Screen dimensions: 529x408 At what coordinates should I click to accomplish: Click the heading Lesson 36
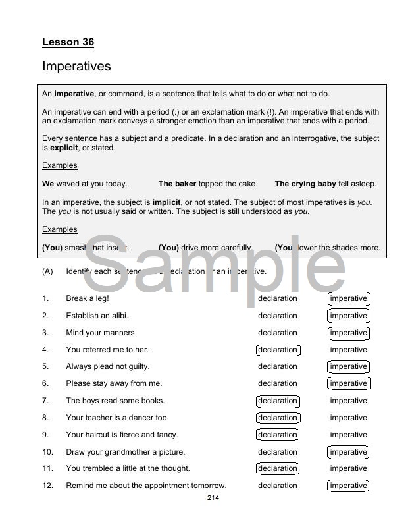68,42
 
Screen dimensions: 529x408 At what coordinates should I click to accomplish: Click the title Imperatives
76,67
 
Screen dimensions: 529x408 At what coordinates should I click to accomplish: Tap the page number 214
213,497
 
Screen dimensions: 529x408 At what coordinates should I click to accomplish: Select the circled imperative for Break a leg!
348,298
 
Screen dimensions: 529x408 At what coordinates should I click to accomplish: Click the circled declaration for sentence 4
277,350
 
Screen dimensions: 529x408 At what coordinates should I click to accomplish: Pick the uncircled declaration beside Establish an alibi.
277,316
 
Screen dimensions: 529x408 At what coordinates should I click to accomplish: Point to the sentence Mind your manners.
101,333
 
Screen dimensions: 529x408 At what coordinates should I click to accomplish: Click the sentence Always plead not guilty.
107,366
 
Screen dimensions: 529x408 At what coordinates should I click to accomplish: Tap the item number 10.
47,452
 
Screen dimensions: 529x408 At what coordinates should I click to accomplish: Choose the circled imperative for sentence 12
348,486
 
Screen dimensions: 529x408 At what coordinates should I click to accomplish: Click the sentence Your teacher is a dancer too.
117,418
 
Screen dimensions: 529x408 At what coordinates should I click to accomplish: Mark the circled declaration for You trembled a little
277,469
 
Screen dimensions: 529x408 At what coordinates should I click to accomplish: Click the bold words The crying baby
305,184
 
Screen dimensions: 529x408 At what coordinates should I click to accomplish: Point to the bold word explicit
64,148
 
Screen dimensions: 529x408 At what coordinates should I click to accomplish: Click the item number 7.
45,401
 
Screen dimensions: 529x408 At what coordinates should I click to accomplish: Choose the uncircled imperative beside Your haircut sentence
348,435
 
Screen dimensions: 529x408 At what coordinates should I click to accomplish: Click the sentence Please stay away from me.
113,383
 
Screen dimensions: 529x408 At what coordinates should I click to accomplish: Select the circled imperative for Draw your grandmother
348,452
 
